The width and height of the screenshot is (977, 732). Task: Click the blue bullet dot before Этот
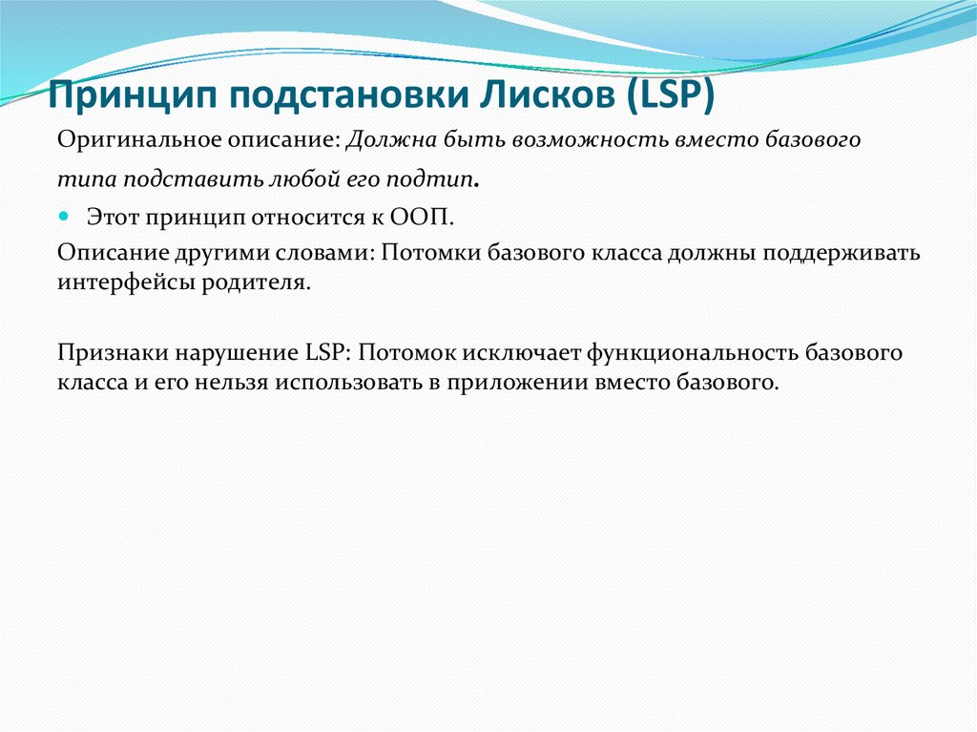pyautogui.click(x=65, y=216)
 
